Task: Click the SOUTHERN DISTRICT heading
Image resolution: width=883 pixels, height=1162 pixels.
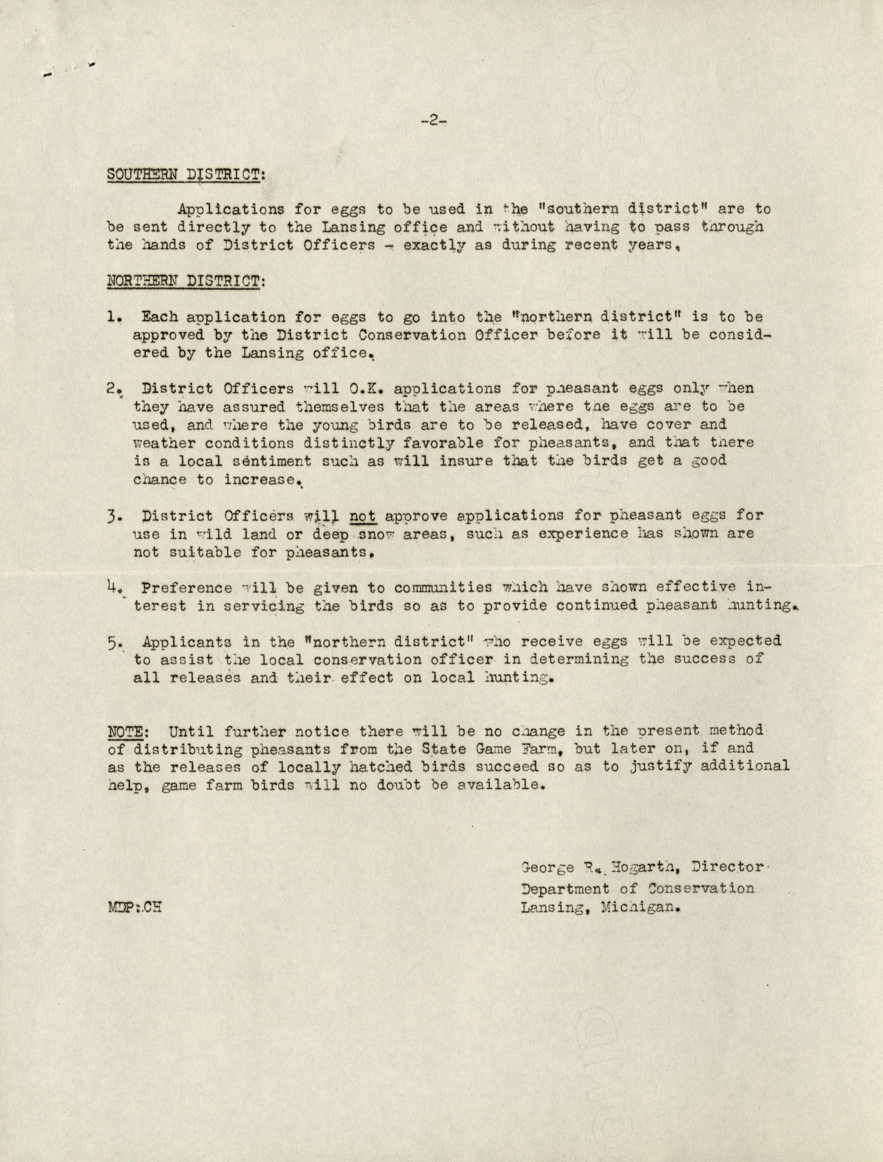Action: click(x=186, y=175)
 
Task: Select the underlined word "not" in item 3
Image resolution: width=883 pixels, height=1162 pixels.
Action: click(x=362, y=516)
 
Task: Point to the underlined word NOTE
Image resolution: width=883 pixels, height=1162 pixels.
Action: click(x=121, y=731)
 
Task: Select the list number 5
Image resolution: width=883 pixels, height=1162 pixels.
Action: click(x=114, y=642)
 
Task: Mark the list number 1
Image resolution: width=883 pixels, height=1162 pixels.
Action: click(x=113, y=318)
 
